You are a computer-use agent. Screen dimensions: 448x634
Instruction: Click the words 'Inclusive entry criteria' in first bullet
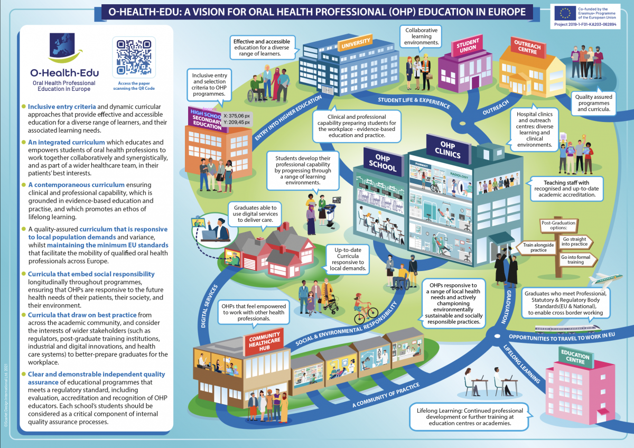pyautogui.click(x=58, y=107)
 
